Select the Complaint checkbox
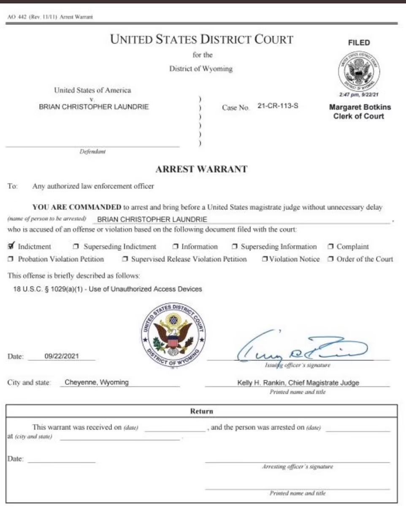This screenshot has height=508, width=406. tap(331, 247)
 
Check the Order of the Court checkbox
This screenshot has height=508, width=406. tap(331, 259)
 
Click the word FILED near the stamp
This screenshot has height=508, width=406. tap(359, 43)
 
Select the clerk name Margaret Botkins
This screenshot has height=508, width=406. tap(360, 107)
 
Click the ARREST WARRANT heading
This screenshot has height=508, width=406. tap(201, 169)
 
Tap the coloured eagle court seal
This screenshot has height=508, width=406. tap(173, 335)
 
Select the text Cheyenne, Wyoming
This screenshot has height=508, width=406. tap(97, 383)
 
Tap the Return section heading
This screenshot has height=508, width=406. tap(201, 411)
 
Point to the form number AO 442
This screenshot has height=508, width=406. tap(16, 17)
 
